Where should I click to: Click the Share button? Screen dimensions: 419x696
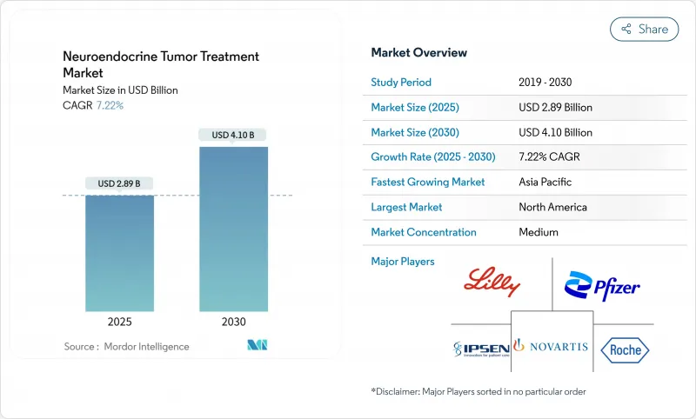[x=645, y=29]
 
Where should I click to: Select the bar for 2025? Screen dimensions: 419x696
[x=119, y=253]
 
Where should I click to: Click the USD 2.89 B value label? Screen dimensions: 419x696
[x=119, y=183]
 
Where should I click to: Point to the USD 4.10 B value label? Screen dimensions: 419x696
[x=233, y=135]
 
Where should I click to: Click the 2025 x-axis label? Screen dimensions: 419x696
[x=119, y=321]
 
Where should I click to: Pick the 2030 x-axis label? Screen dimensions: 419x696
[x=233, y=321]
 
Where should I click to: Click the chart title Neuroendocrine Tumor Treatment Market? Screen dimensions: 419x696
[x=161, y=64]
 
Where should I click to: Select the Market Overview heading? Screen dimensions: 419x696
[x=419, y=53]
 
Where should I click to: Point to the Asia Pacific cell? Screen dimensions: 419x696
[x=546, y=183]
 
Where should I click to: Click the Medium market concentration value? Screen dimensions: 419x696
[x=539, y=232]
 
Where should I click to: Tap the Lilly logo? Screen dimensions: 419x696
[x=492, y=283]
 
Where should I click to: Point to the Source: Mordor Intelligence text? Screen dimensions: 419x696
[x=125, y=346]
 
